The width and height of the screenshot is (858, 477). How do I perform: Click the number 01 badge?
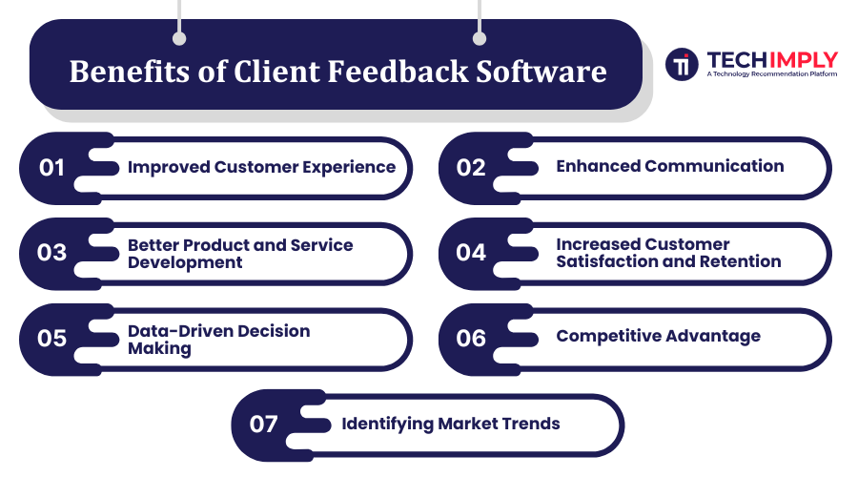click(52, 168)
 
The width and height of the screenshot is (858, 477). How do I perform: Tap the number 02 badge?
click(471, 168)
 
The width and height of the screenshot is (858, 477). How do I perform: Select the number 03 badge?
click(52, 253)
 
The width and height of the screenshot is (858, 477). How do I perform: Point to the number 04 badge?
click(471, 253)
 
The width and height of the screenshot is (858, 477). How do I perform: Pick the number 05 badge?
click(52, 339)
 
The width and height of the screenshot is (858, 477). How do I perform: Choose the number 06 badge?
click(471, 339)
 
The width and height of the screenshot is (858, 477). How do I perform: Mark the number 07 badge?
click(264, 425)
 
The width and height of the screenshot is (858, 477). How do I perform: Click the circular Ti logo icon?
click(682, 64)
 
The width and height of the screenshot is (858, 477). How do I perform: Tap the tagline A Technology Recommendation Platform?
click(771, 73)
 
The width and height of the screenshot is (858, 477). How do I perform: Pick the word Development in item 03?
click(185, 262)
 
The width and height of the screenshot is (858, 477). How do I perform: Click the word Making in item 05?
click(159, 349)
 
